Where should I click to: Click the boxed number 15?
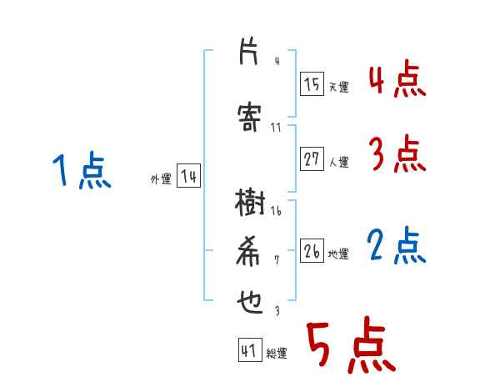(312, 84)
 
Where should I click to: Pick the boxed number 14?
(188, 176)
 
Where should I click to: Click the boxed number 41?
(249, 350)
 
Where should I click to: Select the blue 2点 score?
(397, 246)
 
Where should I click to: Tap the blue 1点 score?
(81, 172)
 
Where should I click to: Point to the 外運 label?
(161, 178)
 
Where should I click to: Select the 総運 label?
(277, 354)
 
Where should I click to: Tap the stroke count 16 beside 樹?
(276, 211)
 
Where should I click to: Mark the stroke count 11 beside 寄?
(277, 128)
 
